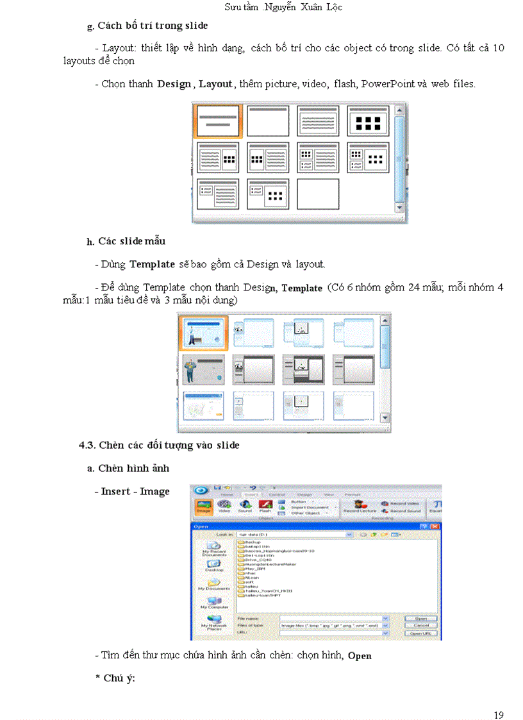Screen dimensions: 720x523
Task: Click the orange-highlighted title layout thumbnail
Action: point(218,121)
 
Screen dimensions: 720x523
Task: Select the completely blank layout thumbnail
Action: point(318,194)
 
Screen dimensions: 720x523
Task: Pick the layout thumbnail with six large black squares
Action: point(368,121)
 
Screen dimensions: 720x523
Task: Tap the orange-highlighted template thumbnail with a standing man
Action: point(203,332)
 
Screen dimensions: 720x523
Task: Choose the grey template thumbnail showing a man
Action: point(203,369)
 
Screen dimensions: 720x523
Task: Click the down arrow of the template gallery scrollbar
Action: point(385,418)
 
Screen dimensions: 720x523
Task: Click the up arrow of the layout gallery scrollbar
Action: point(399,111)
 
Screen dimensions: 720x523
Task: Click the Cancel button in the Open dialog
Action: point(421,625)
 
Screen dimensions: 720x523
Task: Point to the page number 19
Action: point(499,697)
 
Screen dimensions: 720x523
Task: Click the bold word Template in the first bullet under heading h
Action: point(152,264)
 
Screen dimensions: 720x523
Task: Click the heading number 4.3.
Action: point(86,445)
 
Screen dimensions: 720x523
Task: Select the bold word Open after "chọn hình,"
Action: point(360,656)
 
